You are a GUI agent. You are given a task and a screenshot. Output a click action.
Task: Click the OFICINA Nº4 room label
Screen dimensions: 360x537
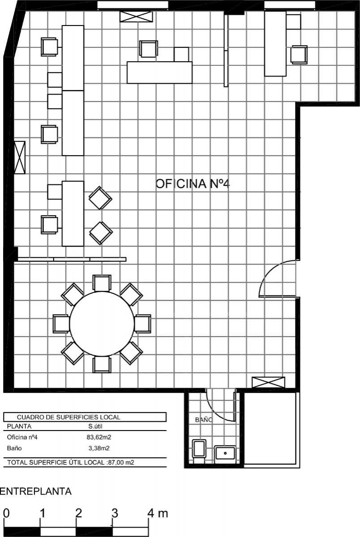(193, 184)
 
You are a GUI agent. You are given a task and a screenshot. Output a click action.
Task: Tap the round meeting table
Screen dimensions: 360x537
(102, 324)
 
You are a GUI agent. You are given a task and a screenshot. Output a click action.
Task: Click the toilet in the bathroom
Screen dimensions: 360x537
(199, 448)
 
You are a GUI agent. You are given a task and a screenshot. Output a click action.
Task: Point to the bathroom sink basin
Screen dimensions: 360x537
(225, 452)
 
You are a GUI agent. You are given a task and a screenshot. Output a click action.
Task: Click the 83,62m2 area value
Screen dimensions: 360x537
(99, 437)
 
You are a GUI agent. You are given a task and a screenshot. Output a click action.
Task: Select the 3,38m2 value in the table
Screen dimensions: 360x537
(99, 448)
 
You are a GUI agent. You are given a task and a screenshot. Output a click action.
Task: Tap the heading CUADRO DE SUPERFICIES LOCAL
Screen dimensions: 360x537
(69, 417)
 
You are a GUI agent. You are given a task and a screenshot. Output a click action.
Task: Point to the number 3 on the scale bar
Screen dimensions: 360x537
(115, 513)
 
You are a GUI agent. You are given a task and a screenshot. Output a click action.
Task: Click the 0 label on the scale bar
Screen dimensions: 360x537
(6, 513)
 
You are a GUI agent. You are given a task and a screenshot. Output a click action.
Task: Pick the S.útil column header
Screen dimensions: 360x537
(95, 426)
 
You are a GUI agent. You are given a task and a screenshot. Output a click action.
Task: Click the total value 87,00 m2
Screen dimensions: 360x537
(121, 462)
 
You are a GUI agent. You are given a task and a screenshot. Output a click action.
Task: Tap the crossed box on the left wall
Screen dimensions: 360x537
(20, 157)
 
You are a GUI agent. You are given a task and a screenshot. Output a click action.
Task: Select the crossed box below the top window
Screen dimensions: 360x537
(136, 17)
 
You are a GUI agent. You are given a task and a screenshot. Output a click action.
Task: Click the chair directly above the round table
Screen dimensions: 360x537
(102, 283)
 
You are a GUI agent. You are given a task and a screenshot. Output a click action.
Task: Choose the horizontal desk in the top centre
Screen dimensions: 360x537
(159, 72)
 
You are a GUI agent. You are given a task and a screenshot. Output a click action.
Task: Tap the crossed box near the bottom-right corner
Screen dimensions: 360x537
(268, 382)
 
